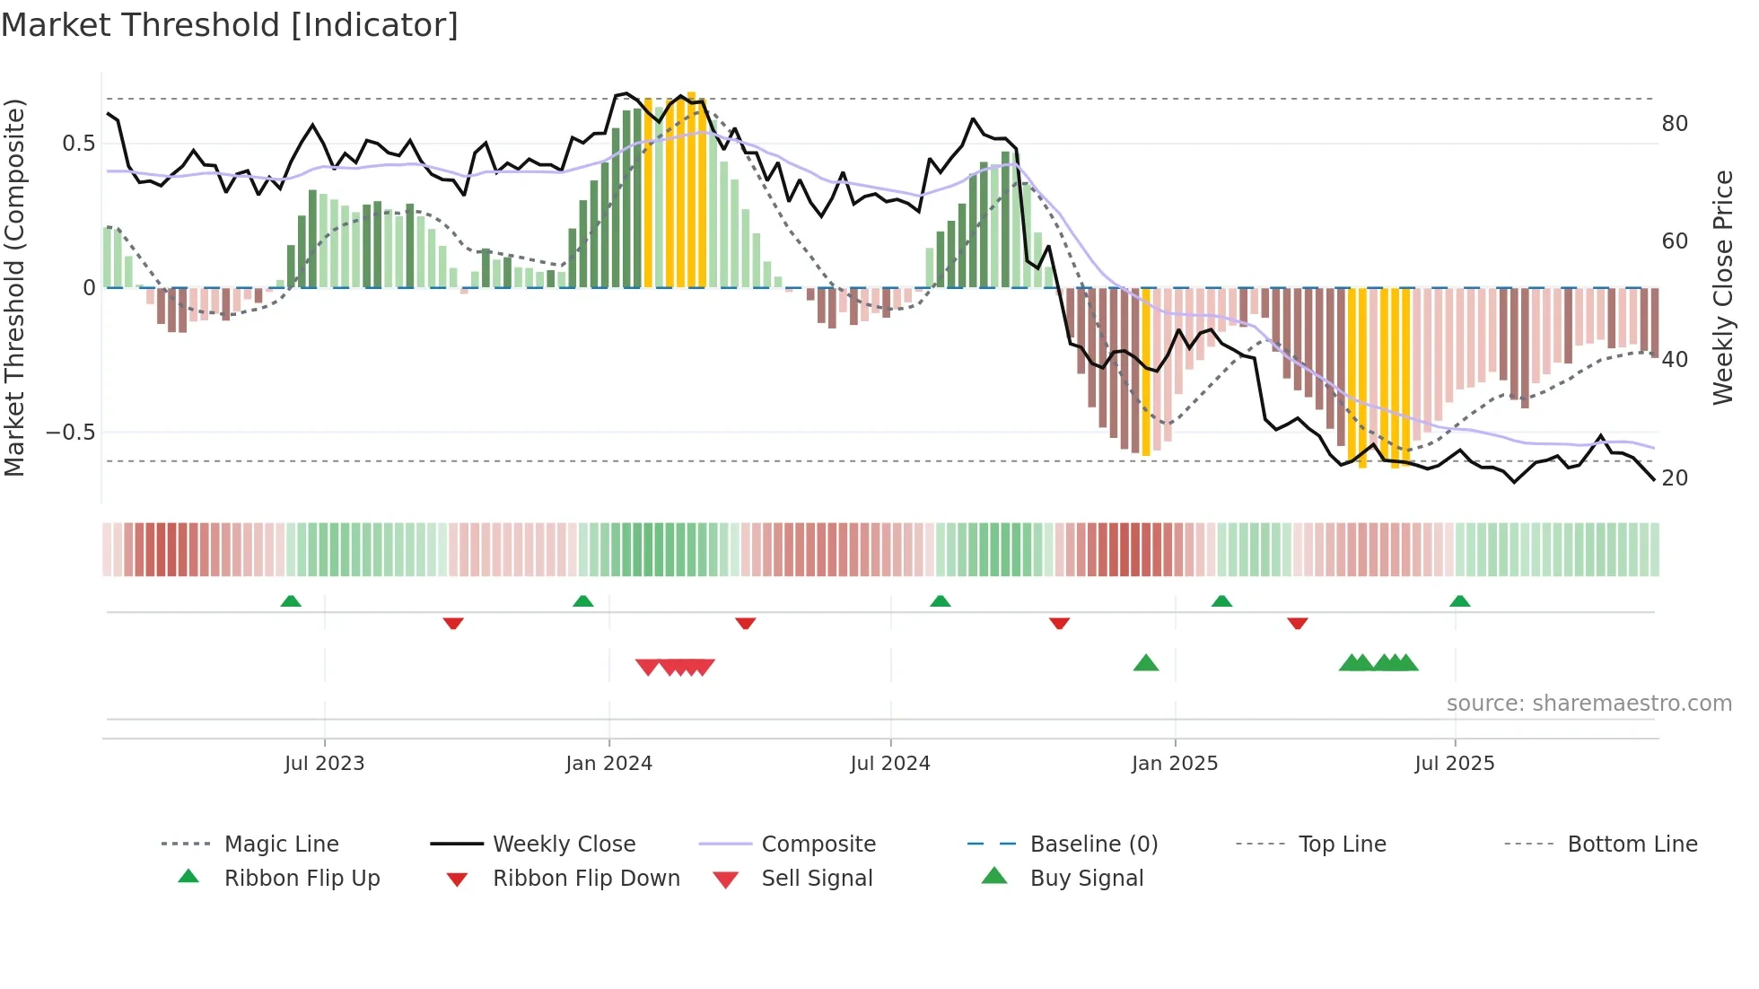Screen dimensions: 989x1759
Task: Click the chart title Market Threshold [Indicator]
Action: (230, 25)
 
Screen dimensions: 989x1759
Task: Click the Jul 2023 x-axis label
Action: (324, 764)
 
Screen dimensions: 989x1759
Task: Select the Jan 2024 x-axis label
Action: (608, 764)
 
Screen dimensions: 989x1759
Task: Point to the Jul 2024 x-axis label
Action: (889, 764)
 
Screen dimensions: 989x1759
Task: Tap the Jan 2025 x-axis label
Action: (1174, 764)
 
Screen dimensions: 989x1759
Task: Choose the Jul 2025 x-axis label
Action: (1454, 764)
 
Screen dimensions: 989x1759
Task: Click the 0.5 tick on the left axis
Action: (78, 144)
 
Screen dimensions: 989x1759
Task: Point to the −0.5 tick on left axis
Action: (71, 433)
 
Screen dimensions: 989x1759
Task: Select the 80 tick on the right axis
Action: (1675, 123)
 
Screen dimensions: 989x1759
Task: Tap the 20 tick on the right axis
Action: (1675, 478)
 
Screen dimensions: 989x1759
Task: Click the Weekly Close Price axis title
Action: (1723, 287)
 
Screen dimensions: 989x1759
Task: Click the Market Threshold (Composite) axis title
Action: (14, 287)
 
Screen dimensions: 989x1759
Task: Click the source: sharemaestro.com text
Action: (1588, 704)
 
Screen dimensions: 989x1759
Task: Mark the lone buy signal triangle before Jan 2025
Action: (1146, 664)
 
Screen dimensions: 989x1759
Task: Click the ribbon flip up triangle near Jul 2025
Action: (1459, 601)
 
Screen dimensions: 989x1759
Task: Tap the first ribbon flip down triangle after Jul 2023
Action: (453, 623)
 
